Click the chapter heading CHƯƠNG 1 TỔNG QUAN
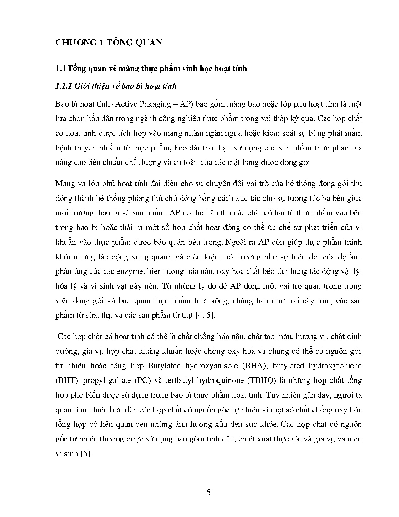109,43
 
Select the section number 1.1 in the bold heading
60,68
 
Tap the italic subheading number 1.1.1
64,86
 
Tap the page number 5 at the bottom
209,492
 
